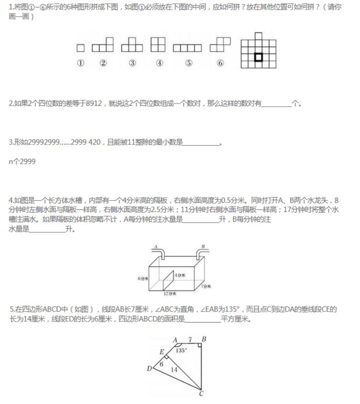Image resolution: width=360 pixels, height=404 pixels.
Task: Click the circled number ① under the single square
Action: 81,63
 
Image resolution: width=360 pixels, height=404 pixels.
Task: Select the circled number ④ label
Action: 159,63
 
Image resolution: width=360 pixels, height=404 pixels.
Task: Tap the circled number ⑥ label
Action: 220,63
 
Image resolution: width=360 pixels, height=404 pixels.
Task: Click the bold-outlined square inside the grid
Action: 258,57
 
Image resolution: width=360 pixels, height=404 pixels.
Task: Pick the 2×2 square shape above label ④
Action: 158,45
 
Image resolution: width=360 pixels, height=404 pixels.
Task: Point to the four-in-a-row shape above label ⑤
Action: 187,47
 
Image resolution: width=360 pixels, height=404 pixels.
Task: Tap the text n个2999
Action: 22,162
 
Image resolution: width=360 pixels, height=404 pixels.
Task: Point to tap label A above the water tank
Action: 156,247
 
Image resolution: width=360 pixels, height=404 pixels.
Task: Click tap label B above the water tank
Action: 201,247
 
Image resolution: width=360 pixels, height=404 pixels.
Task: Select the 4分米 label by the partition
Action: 180,275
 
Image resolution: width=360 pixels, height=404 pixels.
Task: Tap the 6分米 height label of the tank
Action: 142,279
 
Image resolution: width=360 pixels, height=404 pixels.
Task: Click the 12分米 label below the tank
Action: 170,293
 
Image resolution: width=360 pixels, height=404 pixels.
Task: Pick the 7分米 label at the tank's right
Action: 206,287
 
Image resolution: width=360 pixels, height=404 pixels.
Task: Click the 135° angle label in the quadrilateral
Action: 181,350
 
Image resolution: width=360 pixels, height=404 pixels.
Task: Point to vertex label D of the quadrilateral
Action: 149,368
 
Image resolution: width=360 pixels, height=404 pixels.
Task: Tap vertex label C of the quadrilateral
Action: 201,393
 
